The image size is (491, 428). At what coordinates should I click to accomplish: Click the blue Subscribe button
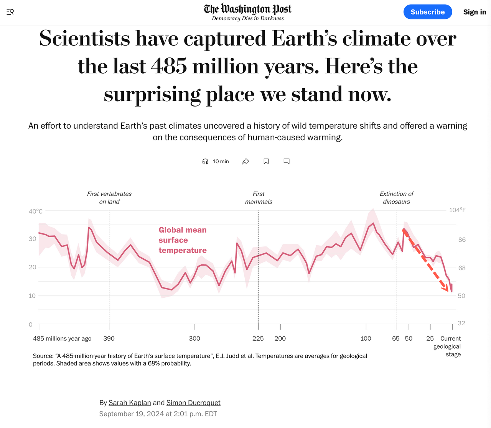pyautogui.click(x=427, y=12)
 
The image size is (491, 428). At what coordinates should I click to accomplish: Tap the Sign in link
pyautogui.click(x=475, y=12)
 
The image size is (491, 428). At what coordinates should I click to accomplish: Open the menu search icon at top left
pyautogui.click(x=10, y=12)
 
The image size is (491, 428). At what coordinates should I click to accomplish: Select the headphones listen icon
pyautogui.click(x=205, y=161)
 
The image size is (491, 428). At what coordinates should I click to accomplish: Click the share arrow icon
pyautogui.click(x=246, y=161)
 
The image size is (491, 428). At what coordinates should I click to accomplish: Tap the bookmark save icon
pyautogui.click(x=266, y=161)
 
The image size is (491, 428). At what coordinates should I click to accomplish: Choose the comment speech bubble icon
pyautogui.click(x=287, y=161)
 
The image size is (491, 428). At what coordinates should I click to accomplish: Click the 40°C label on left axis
pyautogui.click(x=35, y=211)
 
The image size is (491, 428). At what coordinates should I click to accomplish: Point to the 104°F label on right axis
pyautogui.click(x=457, y=210)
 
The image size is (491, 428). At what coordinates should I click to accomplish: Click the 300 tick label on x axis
pyautogui.click(x=194, y=338)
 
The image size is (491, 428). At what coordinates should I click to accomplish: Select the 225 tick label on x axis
pyautogui.click(x=258, y=338)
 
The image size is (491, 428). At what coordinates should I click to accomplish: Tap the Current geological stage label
pyautogui.click(x=449, y=346)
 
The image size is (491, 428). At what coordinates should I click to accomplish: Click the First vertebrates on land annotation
pyautogui.click(x=109, y=198)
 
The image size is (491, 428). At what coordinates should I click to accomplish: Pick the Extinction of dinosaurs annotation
pyautogui.click(x=397, y=198)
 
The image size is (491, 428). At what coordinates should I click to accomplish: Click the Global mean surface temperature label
pyautogui.click(x=183, y=240)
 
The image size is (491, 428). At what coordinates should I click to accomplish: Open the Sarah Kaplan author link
pyautogui.click(x=130, y=403)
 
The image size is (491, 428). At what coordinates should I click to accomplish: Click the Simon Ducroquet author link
pyautogui.click(x=193, y=403)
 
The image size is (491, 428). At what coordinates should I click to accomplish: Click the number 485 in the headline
pyautogui.click(x=169, y=66)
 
